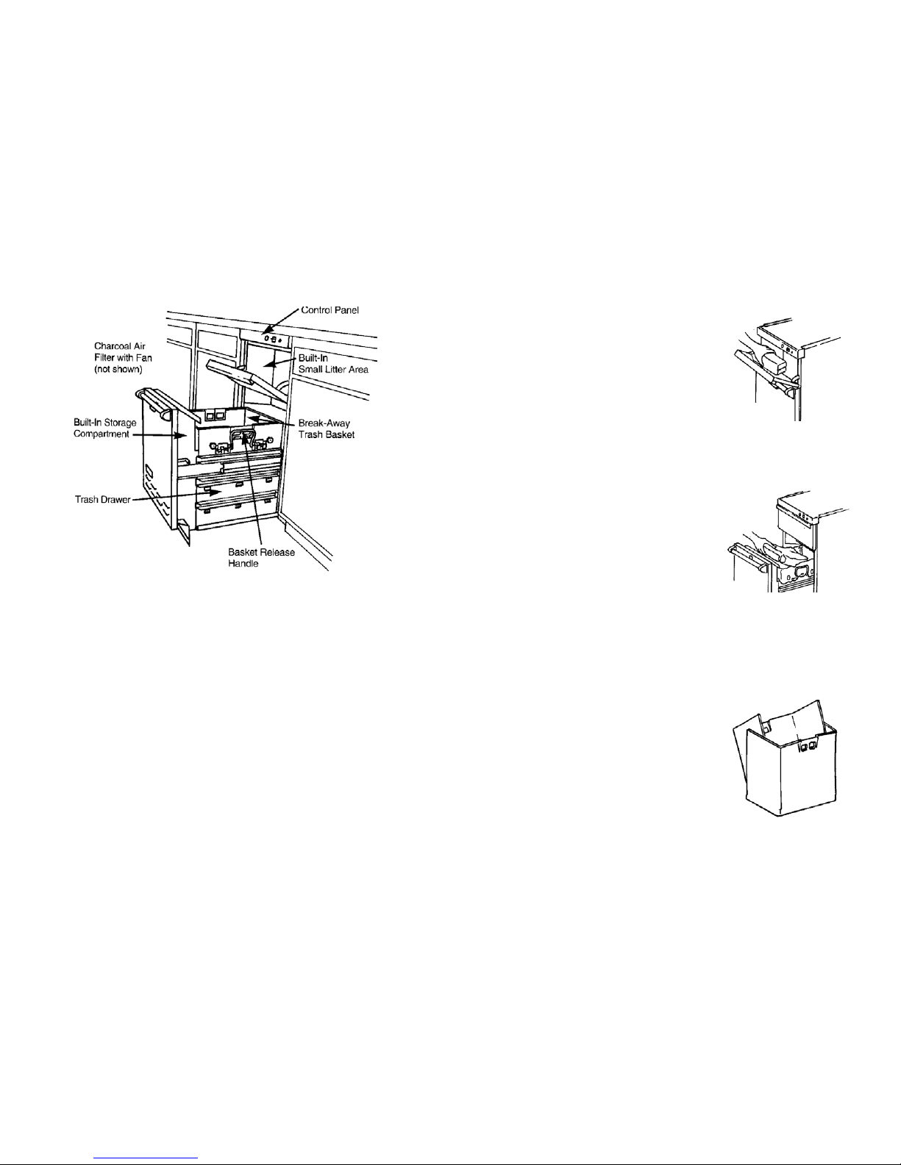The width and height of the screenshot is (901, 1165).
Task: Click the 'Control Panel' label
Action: [x=330, y=310]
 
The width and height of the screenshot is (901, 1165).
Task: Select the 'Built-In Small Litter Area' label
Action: [x=333, y=364]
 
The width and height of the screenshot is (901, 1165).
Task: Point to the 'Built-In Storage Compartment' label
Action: [x=105, y=428]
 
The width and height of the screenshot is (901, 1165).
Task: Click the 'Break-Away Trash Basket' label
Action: [x=327, y=429]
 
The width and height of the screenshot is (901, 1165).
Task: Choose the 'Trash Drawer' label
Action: [x=102, y=500]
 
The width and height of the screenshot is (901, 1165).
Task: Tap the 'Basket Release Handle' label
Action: [x=261, y=558]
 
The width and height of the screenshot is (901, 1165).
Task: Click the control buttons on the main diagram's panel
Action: [x=273, y=340]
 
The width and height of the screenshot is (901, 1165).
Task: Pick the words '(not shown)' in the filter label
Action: [x=118, y=370]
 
